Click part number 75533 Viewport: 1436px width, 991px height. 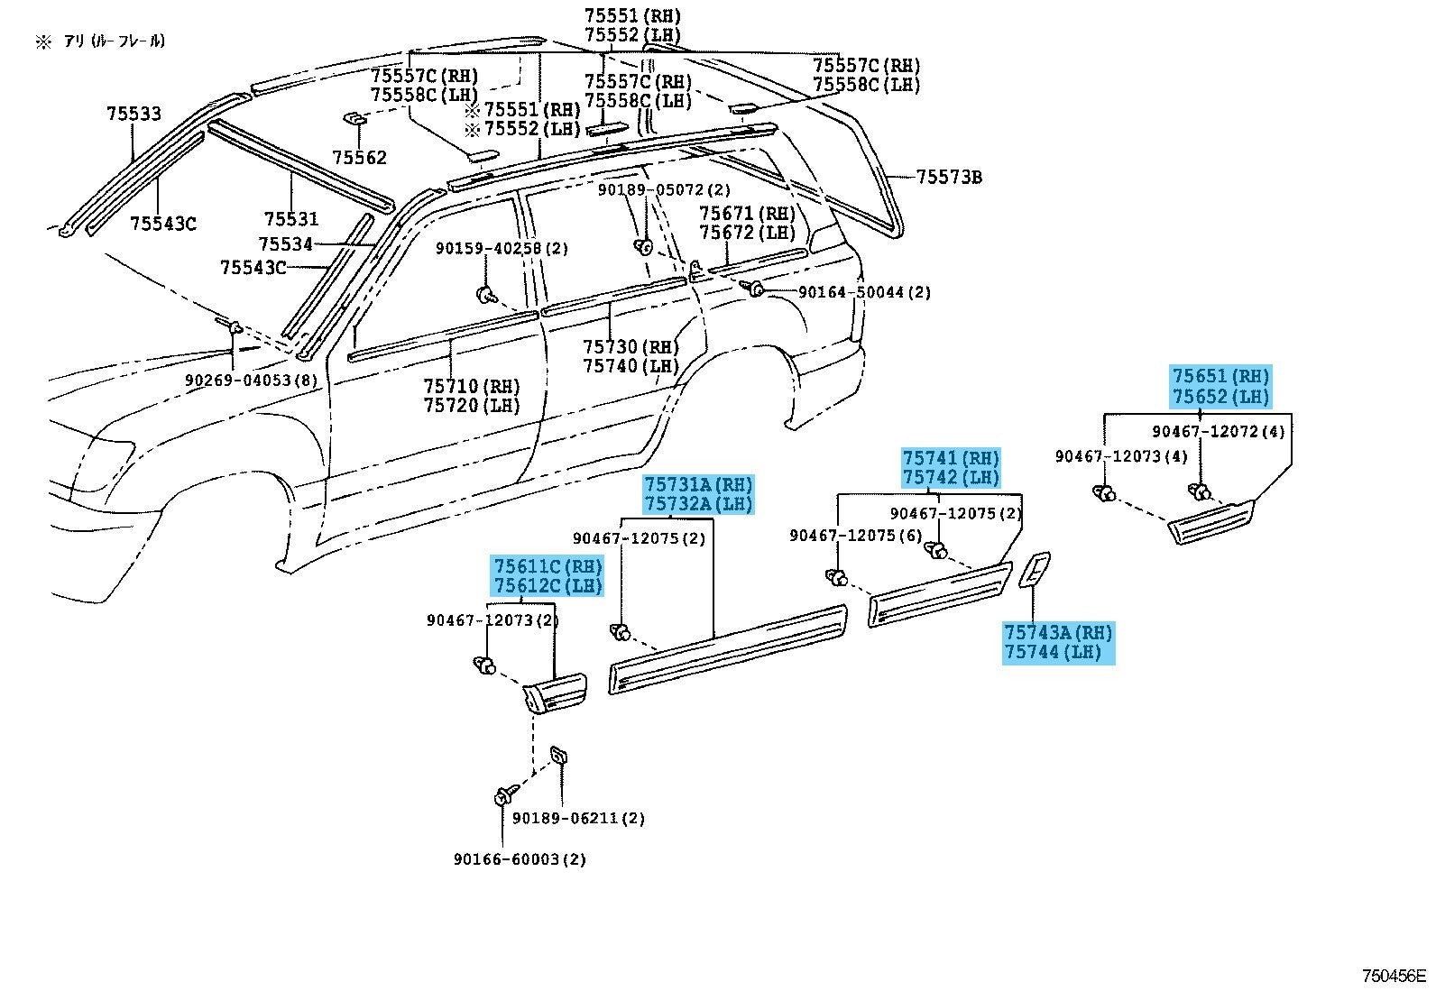(133, 114)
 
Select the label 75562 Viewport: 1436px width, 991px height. (359, 158)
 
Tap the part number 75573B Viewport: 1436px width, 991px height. (949, 177)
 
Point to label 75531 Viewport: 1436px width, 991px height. (291, 219)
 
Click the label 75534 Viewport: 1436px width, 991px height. (285, 244)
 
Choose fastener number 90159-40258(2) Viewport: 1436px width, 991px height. (502, 248)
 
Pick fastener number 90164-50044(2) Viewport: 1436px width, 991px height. (864, 292)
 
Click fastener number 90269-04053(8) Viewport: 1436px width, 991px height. (252, 381)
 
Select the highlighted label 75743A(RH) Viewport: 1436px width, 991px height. (1058, 633)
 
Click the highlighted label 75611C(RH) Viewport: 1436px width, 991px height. (548, 566)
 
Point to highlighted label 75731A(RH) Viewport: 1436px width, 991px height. (697, 483)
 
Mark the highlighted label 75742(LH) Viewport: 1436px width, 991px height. (951, 478)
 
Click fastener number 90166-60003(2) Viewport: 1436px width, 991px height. (520, 859)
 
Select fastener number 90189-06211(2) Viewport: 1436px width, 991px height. (578, 819)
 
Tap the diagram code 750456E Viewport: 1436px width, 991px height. (1395, 976)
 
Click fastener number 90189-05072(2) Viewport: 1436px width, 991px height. (664, 190)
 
